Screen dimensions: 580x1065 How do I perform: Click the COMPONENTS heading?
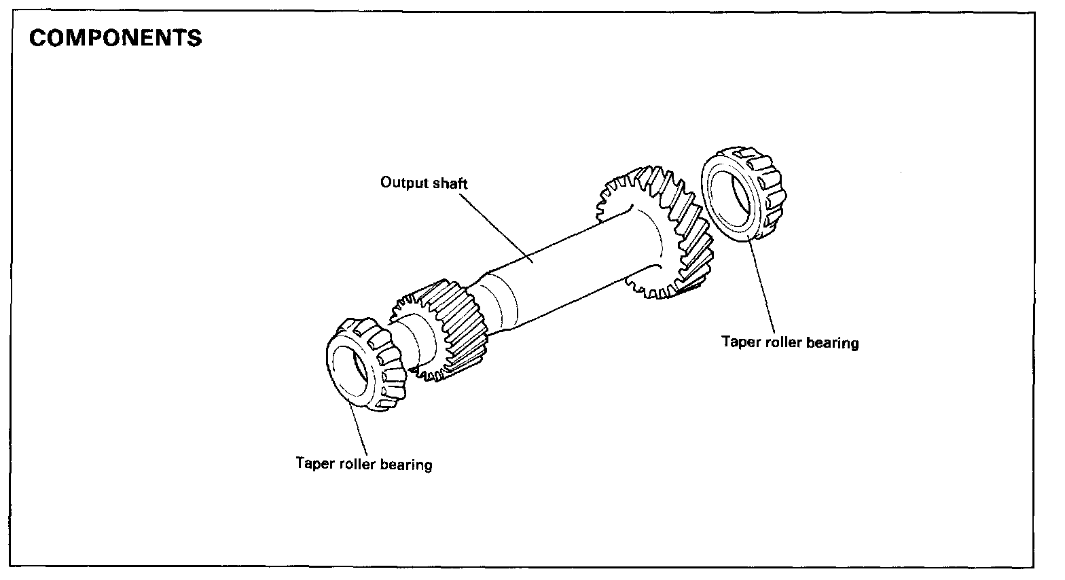(115, 38)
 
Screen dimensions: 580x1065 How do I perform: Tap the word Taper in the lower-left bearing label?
(315, 464)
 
